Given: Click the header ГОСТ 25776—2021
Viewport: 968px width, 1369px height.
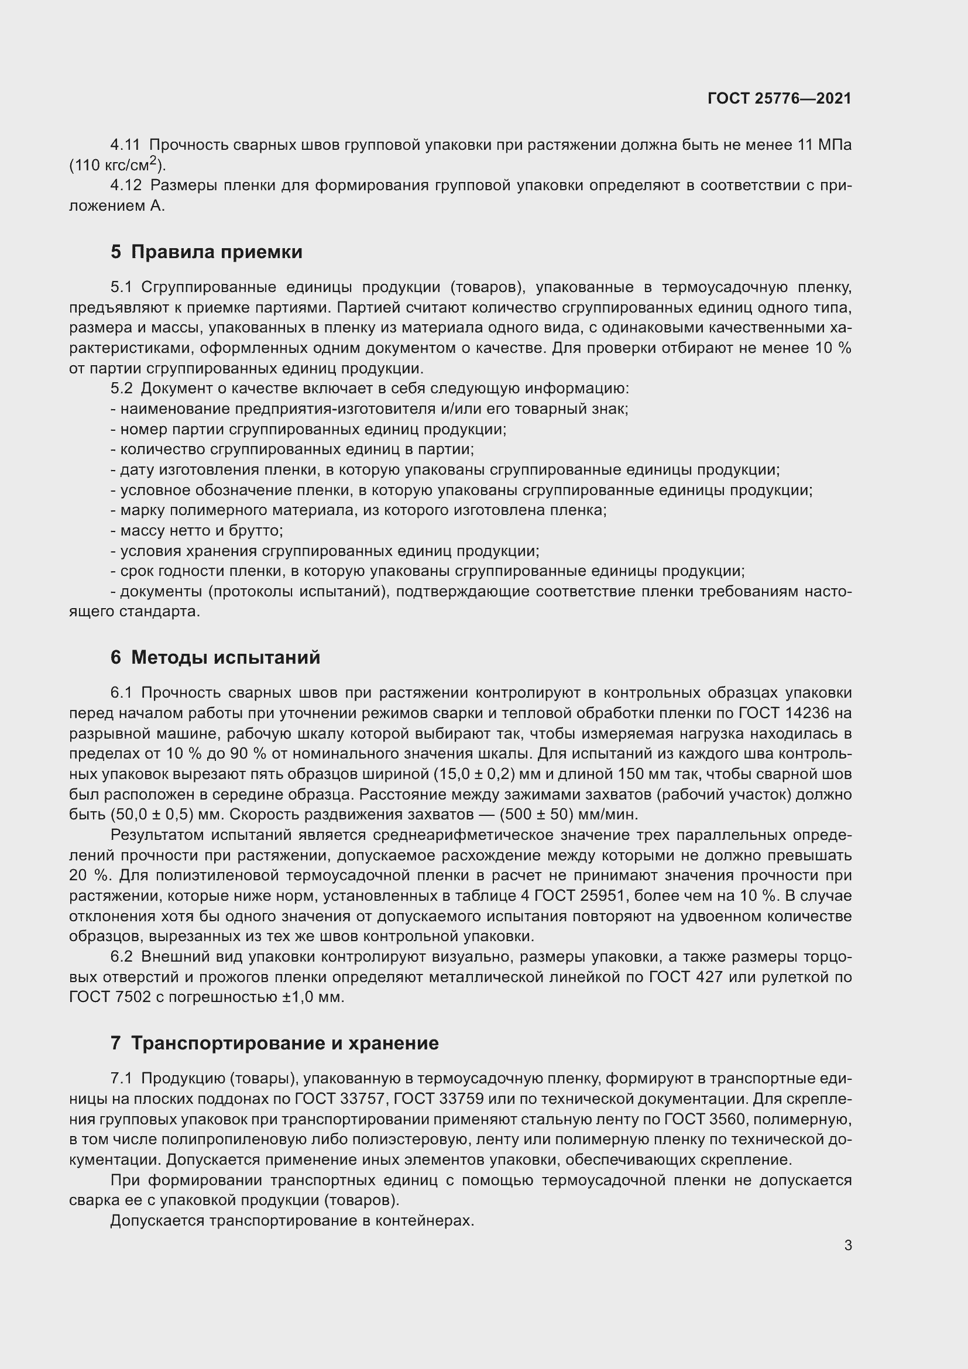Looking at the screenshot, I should coord(779,98).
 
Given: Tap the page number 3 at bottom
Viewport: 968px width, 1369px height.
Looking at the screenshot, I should coord(847,1246).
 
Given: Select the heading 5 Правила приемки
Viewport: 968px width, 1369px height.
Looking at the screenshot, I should coord(206,252).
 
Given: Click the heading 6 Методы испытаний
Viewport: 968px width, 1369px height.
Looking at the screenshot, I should coord(215,658).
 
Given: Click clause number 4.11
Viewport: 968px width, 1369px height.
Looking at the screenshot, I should coord(125,145).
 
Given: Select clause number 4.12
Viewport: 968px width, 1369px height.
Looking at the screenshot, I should coord(126,186).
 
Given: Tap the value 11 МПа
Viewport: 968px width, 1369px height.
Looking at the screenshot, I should coord(825,145).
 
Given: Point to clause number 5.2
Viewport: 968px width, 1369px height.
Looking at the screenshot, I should coord(122,389).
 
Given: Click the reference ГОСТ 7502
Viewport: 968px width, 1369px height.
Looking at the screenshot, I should coord(109,997).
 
